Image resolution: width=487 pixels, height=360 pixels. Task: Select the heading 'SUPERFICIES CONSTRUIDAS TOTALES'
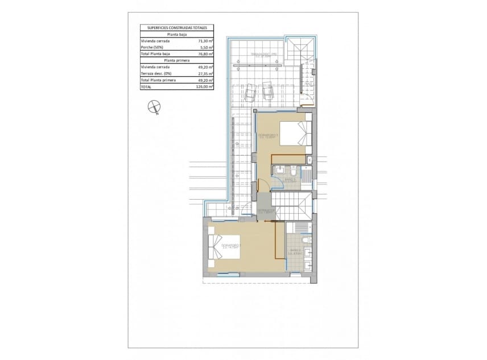click(x=177, y=27)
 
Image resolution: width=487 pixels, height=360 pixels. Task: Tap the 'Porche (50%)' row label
click(x=152, y=47)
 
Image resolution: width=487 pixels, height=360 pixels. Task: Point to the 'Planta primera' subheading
click(x=177, y=60)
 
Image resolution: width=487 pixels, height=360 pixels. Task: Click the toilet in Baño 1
click(x=291, y=170)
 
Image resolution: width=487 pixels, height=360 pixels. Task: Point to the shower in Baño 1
click(x=305, y=176)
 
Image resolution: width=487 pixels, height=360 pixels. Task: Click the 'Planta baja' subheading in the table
click(x=177, y=34)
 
